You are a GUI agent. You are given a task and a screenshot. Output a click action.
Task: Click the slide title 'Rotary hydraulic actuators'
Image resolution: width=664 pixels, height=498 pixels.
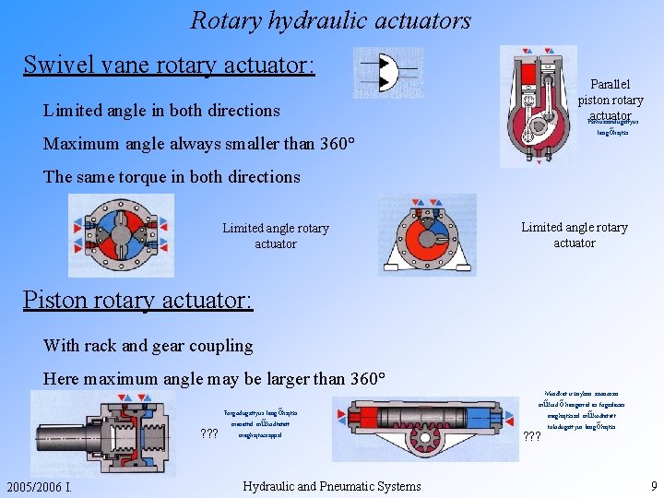tap(330, 19)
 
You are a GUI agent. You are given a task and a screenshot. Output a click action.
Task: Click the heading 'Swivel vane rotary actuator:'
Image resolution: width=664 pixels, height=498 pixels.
tap(169, 65)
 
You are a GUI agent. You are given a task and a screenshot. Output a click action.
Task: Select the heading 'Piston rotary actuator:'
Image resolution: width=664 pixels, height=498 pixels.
tap(137, 301)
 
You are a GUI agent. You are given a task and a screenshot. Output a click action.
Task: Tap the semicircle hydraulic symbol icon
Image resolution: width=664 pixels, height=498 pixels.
tap(388, 73)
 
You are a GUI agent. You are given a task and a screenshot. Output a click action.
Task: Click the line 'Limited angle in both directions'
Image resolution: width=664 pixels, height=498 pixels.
tap(161, 111)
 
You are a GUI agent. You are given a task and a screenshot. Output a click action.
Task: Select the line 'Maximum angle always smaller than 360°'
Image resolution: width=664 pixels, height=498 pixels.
tap(196, 144)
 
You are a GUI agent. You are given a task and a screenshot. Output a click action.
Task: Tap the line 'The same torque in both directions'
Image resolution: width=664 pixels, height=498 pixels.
tap(172, 176)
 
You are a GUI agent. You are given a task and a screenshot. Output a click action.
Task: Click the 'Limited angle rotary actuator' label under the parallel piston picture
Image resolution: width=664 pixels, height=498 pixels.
tap(574, 234)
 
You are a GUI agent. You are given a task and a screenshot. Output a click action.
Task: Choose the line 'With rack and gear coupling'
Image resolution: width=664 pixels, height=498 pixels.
tap(148, 346)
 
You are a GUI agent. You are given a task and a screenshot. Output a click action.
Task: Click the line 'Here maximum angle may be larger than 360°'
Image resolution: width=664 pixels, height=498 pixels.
tap(213, 378)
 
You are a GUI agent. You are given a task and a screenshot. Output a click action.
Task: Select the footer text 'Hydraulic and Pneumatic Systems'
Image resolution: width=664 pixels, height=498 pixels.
tap(331, 486)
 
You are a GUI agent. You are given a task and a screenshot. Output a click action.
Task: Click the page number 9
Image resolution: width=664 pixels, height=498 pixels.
tap(653, 485)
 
